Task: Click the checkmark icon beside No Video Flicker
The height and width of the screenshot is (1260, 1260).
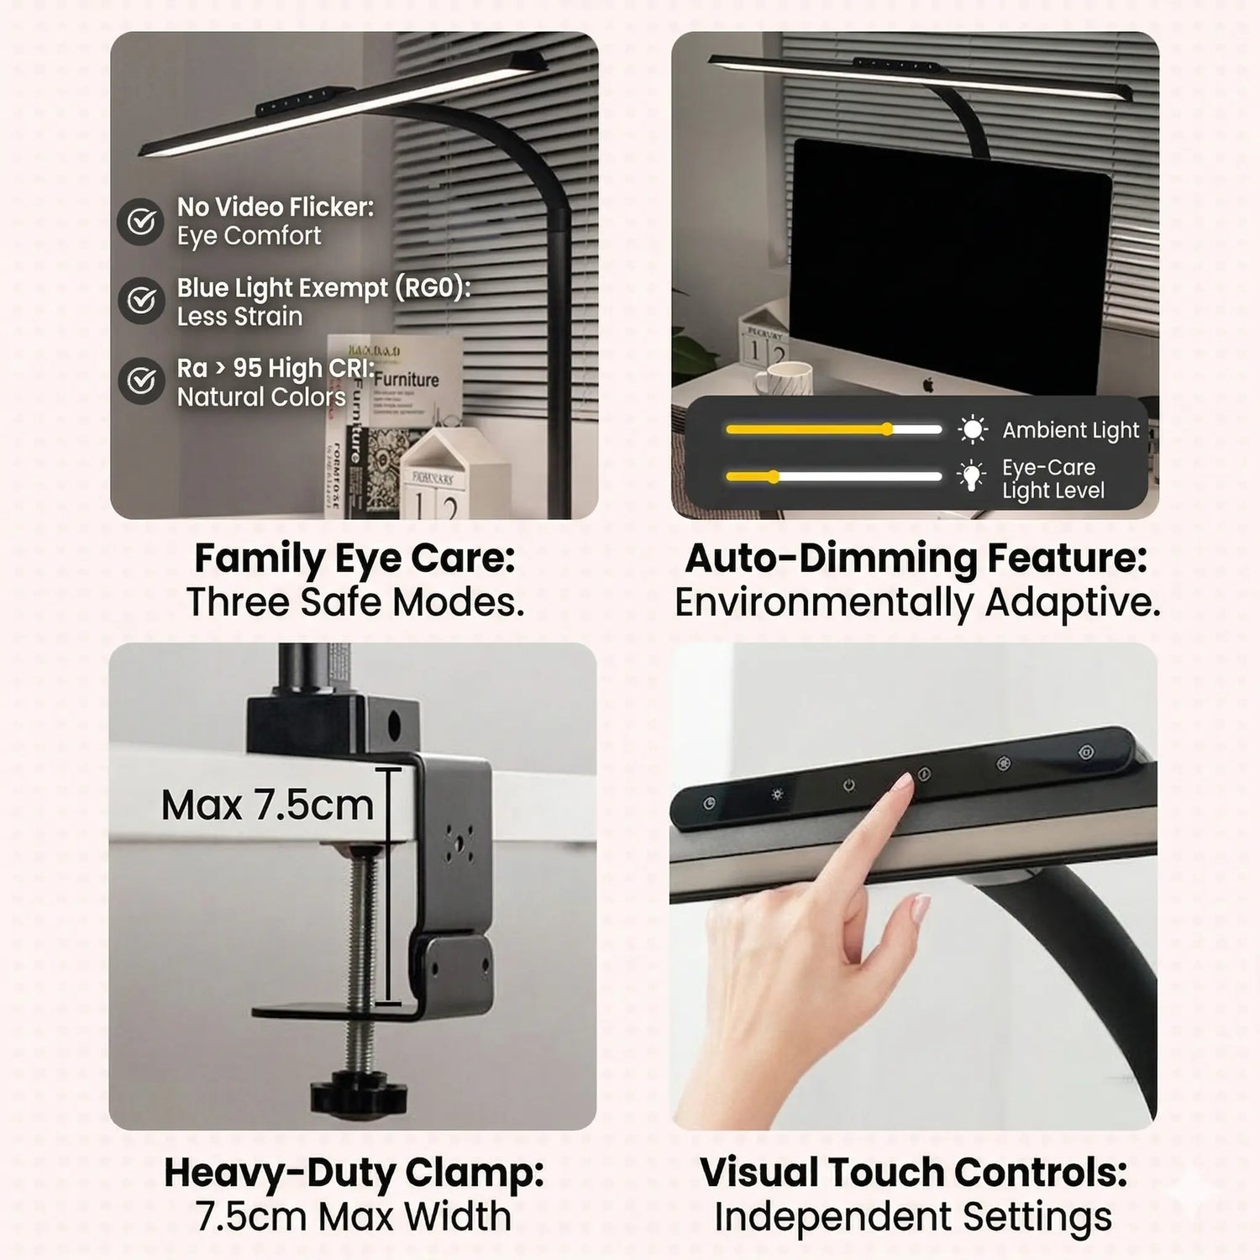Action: pos(140,222)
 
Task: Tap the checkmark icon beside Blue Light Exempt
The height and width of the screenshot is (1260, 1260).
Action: pos(140,300)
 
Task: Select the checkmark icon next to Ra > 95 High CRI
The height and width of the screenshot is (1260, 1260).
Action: pos(140,381)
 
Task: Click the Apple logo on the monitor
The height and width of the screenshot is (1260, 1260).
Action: pos(928,385)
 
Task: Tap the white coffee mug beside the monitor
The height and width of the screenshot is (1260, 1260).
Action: pos(780,378)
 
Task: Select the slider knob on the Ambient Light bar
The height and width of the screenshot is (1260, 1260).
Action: pos(888,429)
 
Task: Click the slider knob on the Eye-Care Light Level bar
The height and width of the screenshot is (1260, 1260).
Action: pos(774,476)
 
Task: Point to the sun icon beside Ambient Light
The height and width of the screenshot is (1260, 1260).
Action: pos(973,430)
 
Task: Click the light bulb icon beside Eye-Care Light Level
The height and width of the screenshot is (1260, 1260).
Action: pos(972,476)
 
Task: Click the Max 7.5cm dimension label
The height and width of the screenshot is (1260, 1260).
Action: pos(267,805)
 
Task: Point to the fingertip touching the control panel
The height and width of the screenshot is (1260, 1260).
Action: pos(903,785)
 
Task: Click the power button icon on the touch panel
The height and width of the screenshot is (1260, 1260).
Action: pos(849,785)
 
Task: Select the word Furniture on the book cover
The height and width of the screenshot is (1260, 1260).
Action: pos(407,380)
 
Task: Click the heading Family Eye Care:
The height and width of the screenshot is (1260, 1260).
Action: pos(354,559)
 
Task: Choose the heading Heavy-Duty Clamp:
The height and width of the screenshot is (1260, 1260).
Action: pos(354,1173)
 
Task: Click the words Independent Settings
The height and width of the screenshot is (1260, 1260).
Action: pos(913,1216)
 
